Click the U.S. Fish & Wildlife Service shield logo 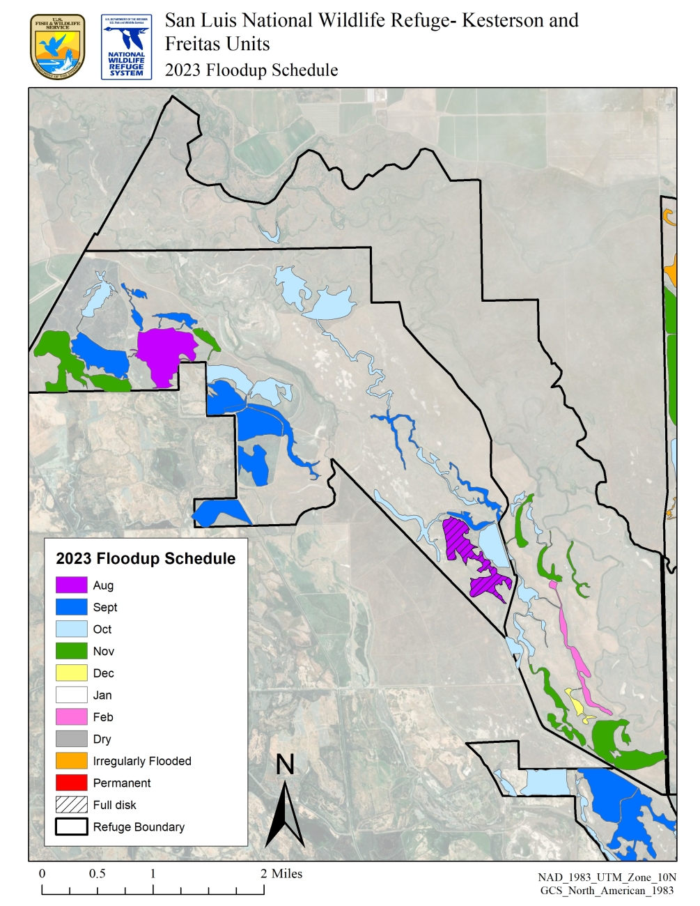pyautogui.click(x=58, y=47)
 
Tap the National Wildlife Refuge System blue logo pyautogui.click(x=126, y=47)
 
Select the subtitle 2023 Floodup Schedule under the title pyautogui.click(x=251, y=70)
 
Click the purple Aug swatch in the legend pyautogui.click(x=71, y=585)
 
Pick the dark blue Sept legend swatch pyautogui.click(x=71, y=607)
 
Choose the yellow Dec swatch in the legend pyautogui.click(x=71, y=673)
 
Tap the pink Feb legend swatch pyautogui.click(x=71, y=716)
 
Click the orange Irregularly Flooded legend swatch pyautogui.click(x=71, y=760)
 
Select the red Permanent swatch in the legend pyautogui.click(x=71, y=783)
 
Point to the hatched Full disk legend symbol pyautogui.click(x=71, y=804)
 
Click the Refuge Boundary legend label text pyautogui.click(x=139, y=827)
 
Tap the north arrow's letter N pyautogui.click(x=285, y=765)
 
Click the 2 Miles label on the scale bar pyautogui.click(x=281, y=874)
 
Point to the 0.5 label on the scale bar pyautogui.click(x=97, y=874)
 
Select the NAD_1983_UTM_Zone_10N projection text pyautogui.click(x=607, y=877)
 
